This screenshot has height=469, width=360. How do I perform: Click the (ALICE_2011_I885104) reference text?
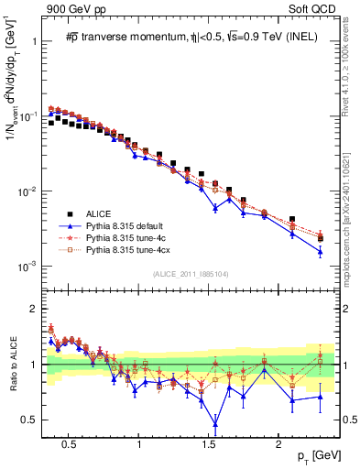pyautogui.click(x=191, y=272)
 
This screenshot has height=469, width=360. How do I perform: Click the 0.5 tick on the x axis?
pyautogui.click(x=69, y=442)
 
